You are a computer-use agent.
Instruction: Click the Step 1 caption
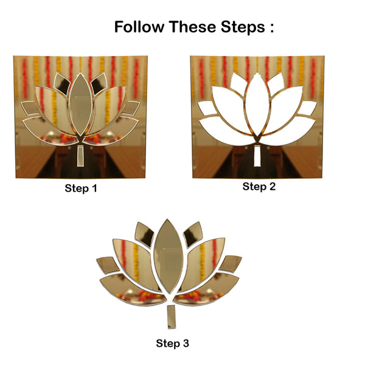coord(81,189)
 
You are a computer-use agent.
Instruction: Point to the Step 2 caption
coord(259,187)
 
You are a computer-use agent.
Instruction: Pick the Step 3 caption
coord(172,344)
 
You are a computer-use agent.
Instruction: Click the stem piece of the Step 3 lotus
coord(170,317)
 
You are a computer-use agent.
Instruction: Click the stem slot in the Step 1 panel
coord(80,156)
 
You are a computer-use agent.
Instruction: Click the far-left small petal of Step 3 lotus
coord(107,265)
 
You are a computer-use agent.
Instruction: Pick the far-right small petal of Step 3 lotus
coord(231,263)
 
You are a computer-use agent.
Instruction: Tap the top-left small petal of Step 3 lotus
coord(145,234)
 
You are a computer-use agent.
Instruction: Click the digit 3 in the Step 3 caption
coord(186,344)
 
